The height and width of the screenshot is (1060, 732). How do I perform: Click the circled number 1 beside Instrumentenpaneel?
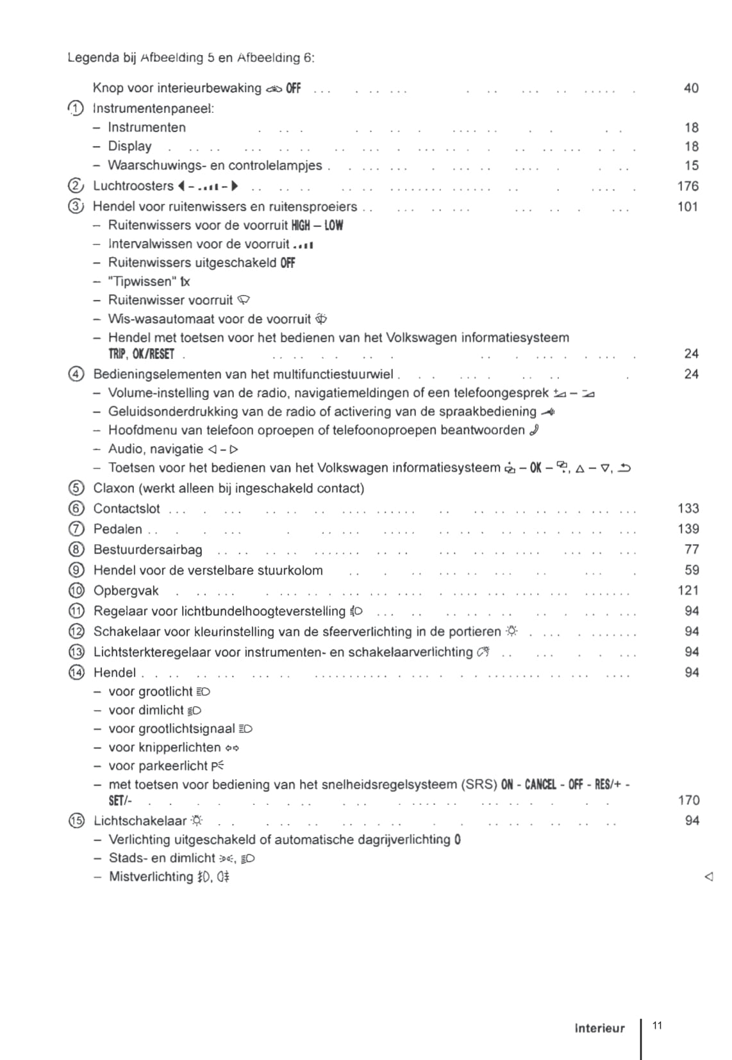click(76, 108)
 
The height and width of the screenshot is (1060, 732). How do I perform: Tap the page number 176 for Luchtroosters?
click(687, 186)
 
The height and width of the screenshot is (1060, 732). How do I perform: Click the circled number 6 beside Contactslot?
click(76, 509)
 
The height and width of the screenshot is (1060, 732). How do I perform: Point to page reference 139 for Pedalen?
click(688, 529)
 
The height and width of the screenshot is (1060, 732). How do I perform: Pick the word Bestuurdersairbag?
click(147, 550)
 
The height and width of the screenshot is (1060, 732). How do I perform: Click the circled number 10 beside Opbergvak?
click(76, 591)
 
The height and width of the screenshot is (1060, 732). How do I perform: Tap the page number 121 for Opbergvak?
click(688, 590)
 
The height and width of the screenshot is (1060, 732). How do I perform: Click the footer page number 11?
click(657, 1025)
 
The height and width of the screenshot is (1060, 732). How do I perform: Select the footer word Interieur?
click(599, 1029)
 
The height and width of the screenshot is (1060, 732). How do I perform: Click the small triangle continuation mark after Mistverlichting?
click(708, 876)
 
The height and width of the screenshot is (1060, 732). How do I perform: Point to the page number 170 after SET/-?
click(688, 800)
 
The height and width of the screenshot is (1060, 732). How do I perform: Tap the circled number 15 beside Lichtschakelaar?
click(76, 821)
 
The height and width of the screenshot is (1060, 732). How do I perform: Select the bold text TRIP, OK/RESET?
click(141, 354)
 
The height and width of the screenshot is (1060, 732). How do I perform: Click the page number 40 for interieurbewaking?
click(691, 88)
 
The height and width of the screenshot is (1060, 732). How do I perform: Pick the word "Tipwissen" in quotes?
click(142, 281)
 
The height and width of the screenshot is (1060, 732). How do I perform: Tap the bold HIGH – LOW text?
click(317, 225)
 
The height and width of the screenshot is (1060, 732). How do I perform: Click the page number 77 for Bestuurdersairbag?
click(692, 549)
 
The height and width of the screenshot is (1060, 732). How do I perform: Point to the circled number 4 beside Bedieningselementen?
click(76, 374)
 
